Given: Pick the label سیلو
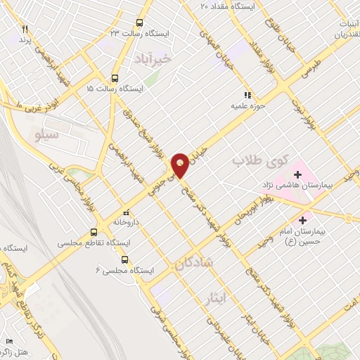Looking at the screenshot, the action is coord(47,131).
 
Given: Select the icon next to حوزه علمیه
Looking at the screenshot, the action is coord(247,94).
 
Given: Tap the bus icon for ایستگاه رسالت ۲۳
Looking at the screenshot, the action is coord(139,22).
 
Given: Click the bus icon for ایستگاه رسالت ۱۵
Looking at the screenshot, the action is coord(115,78).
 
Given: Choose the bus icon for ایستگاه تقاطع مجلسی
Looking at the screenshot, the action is coord(94,231).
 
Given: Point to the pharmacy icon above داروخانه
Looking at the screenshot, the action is coord(126,212).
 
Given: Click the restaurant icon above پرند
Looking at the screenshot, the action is coord(25,29).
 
